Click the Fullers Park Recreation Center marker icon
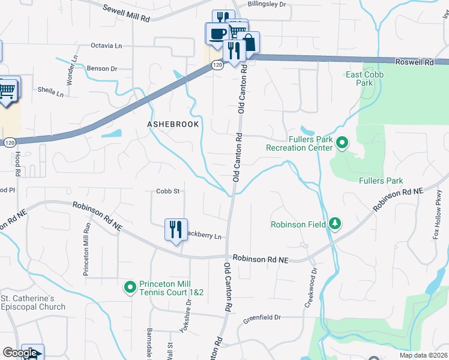coord(342,143)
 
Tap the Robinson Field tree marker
coord(335,225)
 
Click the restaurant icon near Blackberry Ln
coord(176,230)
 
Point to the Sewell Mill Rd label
coord(126,13)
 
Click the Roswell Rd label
coord(415,62)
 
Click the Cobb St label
coord(169,191)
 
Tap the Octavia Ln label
coord(106,46)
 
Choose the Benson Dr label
coord(101,68)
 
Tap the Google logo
coord(19,353)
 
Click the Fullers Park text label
coord(381,181)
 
